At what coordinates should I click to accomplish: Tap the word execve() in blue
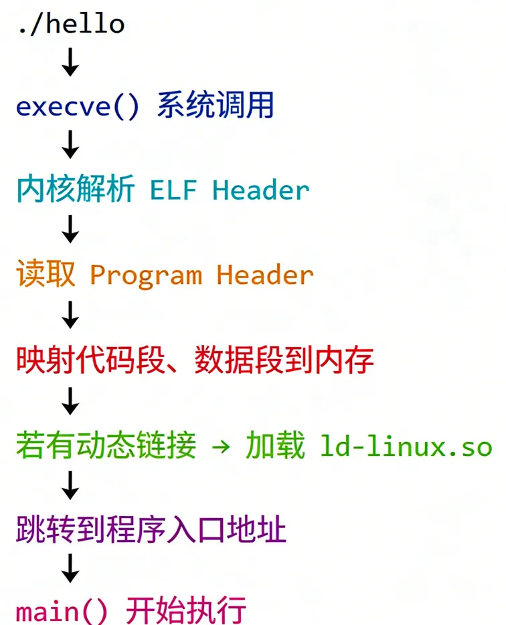pos(78,107)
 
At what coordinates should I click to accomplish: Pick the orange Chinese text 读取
pos(46,275)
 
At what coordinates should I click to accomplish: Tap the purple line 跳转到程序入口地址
pos(151,531)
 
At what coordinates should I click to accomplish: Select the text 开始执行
pos(188,611)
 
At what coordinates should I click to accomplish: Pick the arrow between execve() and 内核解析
pos(70,146)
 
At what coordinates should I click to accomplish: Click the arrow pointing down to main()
pos(70,570)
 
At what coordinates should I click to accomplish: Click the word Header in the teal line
pos(261,191)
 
